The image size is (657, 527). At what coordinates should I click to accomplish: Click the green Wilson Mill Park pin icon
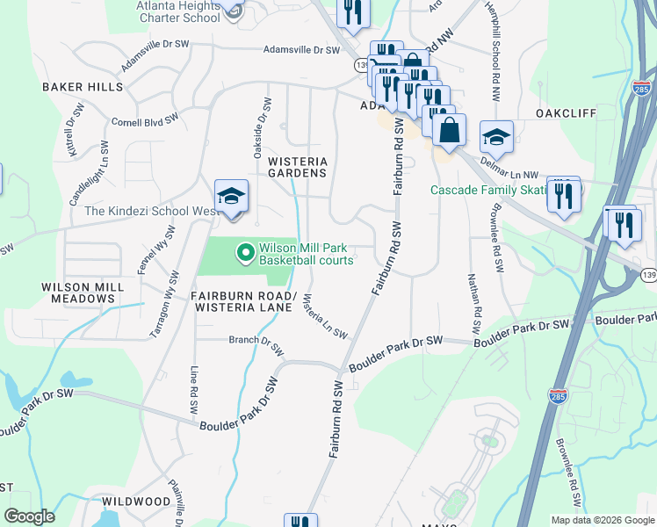pos(245,254)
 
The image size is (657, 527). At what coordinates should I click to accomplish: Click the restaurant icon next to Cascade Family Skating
pos(563,194)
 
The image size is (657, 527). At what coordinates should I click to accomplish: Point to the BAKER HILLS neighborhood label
pos(83,87)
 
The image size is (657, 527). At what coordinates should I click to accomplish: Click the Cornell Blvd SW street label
pos(145,119)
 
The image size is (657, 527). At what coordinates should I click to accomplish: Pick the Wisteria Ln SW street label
pos(324,317)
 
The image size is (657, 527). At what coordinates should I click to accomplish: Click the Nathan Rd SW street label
pos(476,299)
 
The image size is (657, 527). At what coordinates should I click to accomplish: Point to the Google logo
pos(30,516)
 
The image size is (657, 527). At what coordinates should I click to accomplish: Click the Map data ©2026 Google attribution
pos(602,520)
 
